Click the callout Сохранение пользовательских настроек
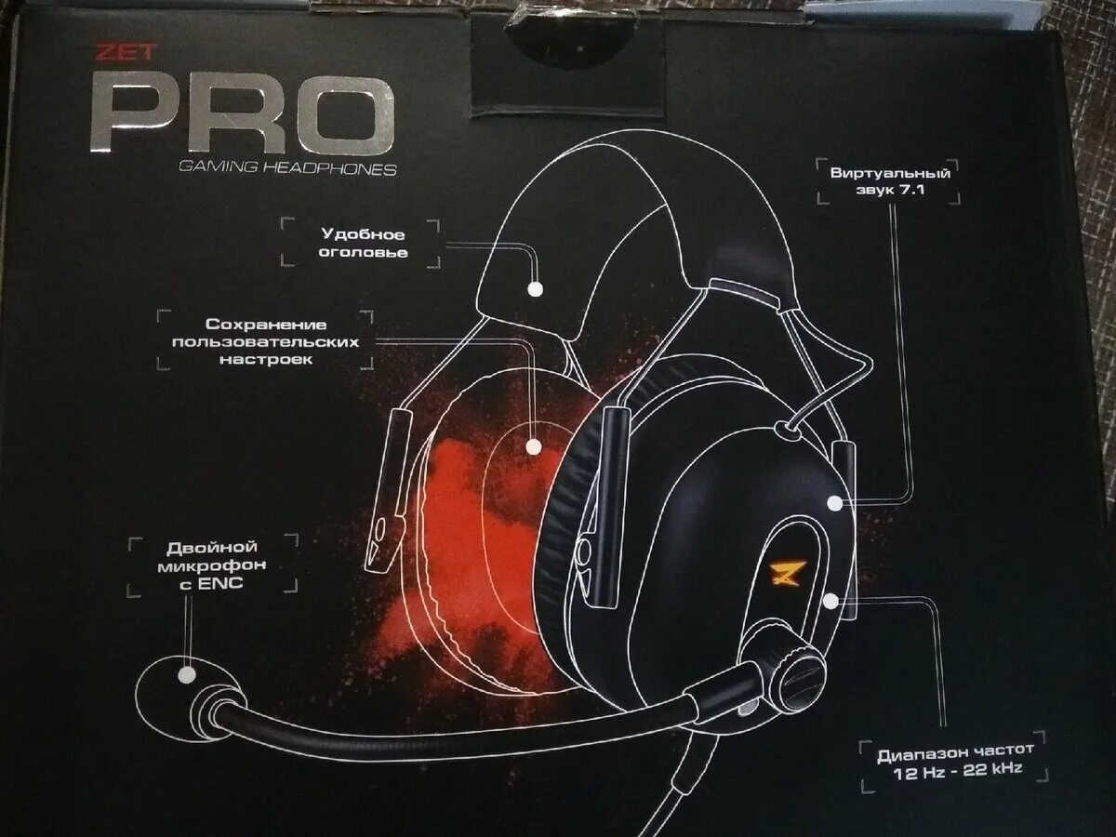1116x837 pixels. click(x=265, y=341)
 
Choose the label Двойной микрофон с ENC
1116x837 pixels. click(x=211, y=564)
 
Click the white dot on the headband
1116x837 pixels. click(x=535, y=289)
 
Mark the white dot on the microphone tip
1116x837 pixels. click(x=187, y=676)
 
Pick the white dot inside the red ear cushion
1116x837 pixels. click(x=533, y=446)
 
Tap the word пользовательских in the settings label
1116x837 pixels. click(x=265, y=341)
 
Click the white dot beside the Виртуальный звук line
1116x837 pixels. click(x=835, y=504)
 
